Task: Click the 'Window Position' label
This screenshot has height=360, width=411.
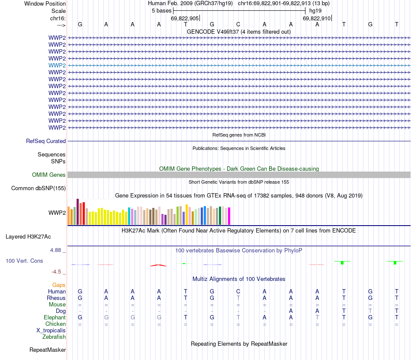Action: (45, 3)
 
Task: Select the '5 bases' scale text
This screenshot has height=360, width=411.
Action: (161, 10)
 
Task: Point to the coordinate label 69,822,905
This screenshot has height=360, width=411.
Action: (185, 18)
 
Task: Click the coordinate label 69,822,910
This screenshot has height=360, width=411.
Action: (317, 18)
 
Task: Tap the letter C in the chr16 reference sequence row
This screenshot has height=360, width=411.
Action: (238, 24)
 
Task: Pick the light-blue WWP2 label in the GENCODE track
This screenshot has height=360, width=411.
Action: (57, 65)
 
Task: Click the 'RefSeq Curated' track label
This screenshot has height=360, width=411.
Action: (46, 141)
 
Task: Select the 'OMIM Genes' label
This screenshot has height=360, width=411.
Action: (49, 175)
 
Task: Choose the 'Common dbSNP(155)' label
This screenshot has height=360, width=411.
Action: (39, 188)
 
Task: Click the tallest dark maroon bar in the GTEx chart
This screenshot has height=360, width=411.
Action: (77, 211)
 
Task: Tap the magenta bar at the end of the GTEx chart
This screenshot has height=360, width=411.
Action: (229, 216)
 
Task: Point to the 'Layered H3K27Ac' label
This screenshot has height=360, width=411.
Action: (28, 236)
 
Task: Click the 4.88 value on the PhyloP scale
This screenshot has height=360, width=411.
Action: (56, 250)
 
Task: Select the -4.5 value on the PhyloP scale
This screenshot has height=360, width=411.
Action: (57, 271)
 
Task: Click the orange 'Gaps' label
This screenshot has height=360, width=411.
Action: (59, 285)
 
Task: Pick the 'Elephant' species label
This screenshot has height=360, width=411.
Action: (55, 317)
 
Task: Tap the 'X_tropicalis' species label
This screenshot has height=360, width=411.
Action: (51, 330)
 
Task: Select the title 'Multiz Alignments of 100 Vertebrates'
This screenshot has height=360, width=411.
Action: (239, 279)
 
